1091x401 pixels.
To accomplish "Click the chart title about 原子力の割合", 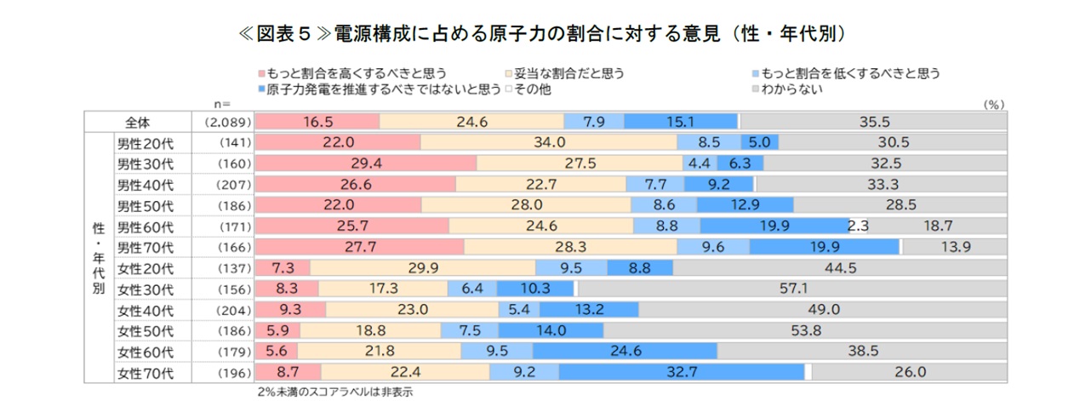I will (545, 33).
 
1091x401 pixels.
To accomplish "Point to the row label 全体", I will (138, 122).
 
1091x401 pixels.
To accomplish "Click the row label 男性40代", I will (145, 184).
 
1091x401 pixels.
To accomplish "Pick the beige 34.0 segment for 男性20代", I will (549, 142).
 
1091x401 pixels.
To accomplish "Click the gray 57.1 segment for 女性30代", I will (791, 289).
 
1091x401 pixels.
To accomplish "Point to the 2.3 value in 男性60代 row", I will (859, 226).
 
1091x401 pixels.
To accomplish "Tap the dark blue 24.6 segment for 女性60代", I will (625, 351).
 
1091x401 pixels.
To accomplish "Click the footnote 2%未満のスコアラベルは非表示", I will (334, 392).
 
